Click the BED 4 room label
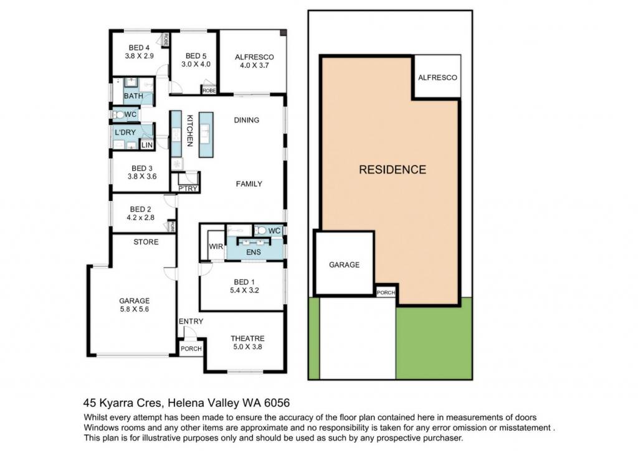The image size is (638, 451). click(139, 47)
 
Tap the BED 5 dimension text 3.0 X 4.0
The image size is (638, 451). click(196, 64)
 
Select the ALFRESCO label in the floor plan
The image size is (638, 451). click(254, 57)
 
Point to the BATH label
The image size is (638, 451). click(133, 96)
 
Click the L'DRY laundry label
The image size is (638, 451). click(125, 133)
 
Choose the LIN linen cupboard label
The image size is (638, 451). click(147, 145)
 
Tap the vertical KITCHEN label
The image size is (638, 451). click(189, 131)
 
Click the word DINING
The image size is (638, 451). click(247, 120)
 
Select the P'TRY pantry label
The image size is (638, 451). click(188, 188)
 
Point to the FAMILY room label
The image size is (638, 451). click(249, 184)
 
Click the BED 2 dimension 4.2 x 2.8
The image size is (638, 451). click(140, 218)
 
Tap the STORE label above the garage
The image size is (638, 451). click(146, 242)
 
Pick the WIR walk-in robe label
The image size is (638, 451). click(216, 246)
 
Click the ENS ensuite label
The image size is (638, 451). click(254, 253)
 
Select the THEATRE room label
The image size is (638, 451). click(247, 338)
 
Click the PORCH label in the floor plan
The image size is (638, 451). click(191, 348)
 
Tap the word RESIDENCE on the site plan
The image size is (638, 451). click(393, 170)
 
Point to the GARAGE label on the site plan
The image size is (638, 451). click(344, 265)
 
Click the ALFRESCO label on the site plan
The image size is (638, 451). click(438, 78)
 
